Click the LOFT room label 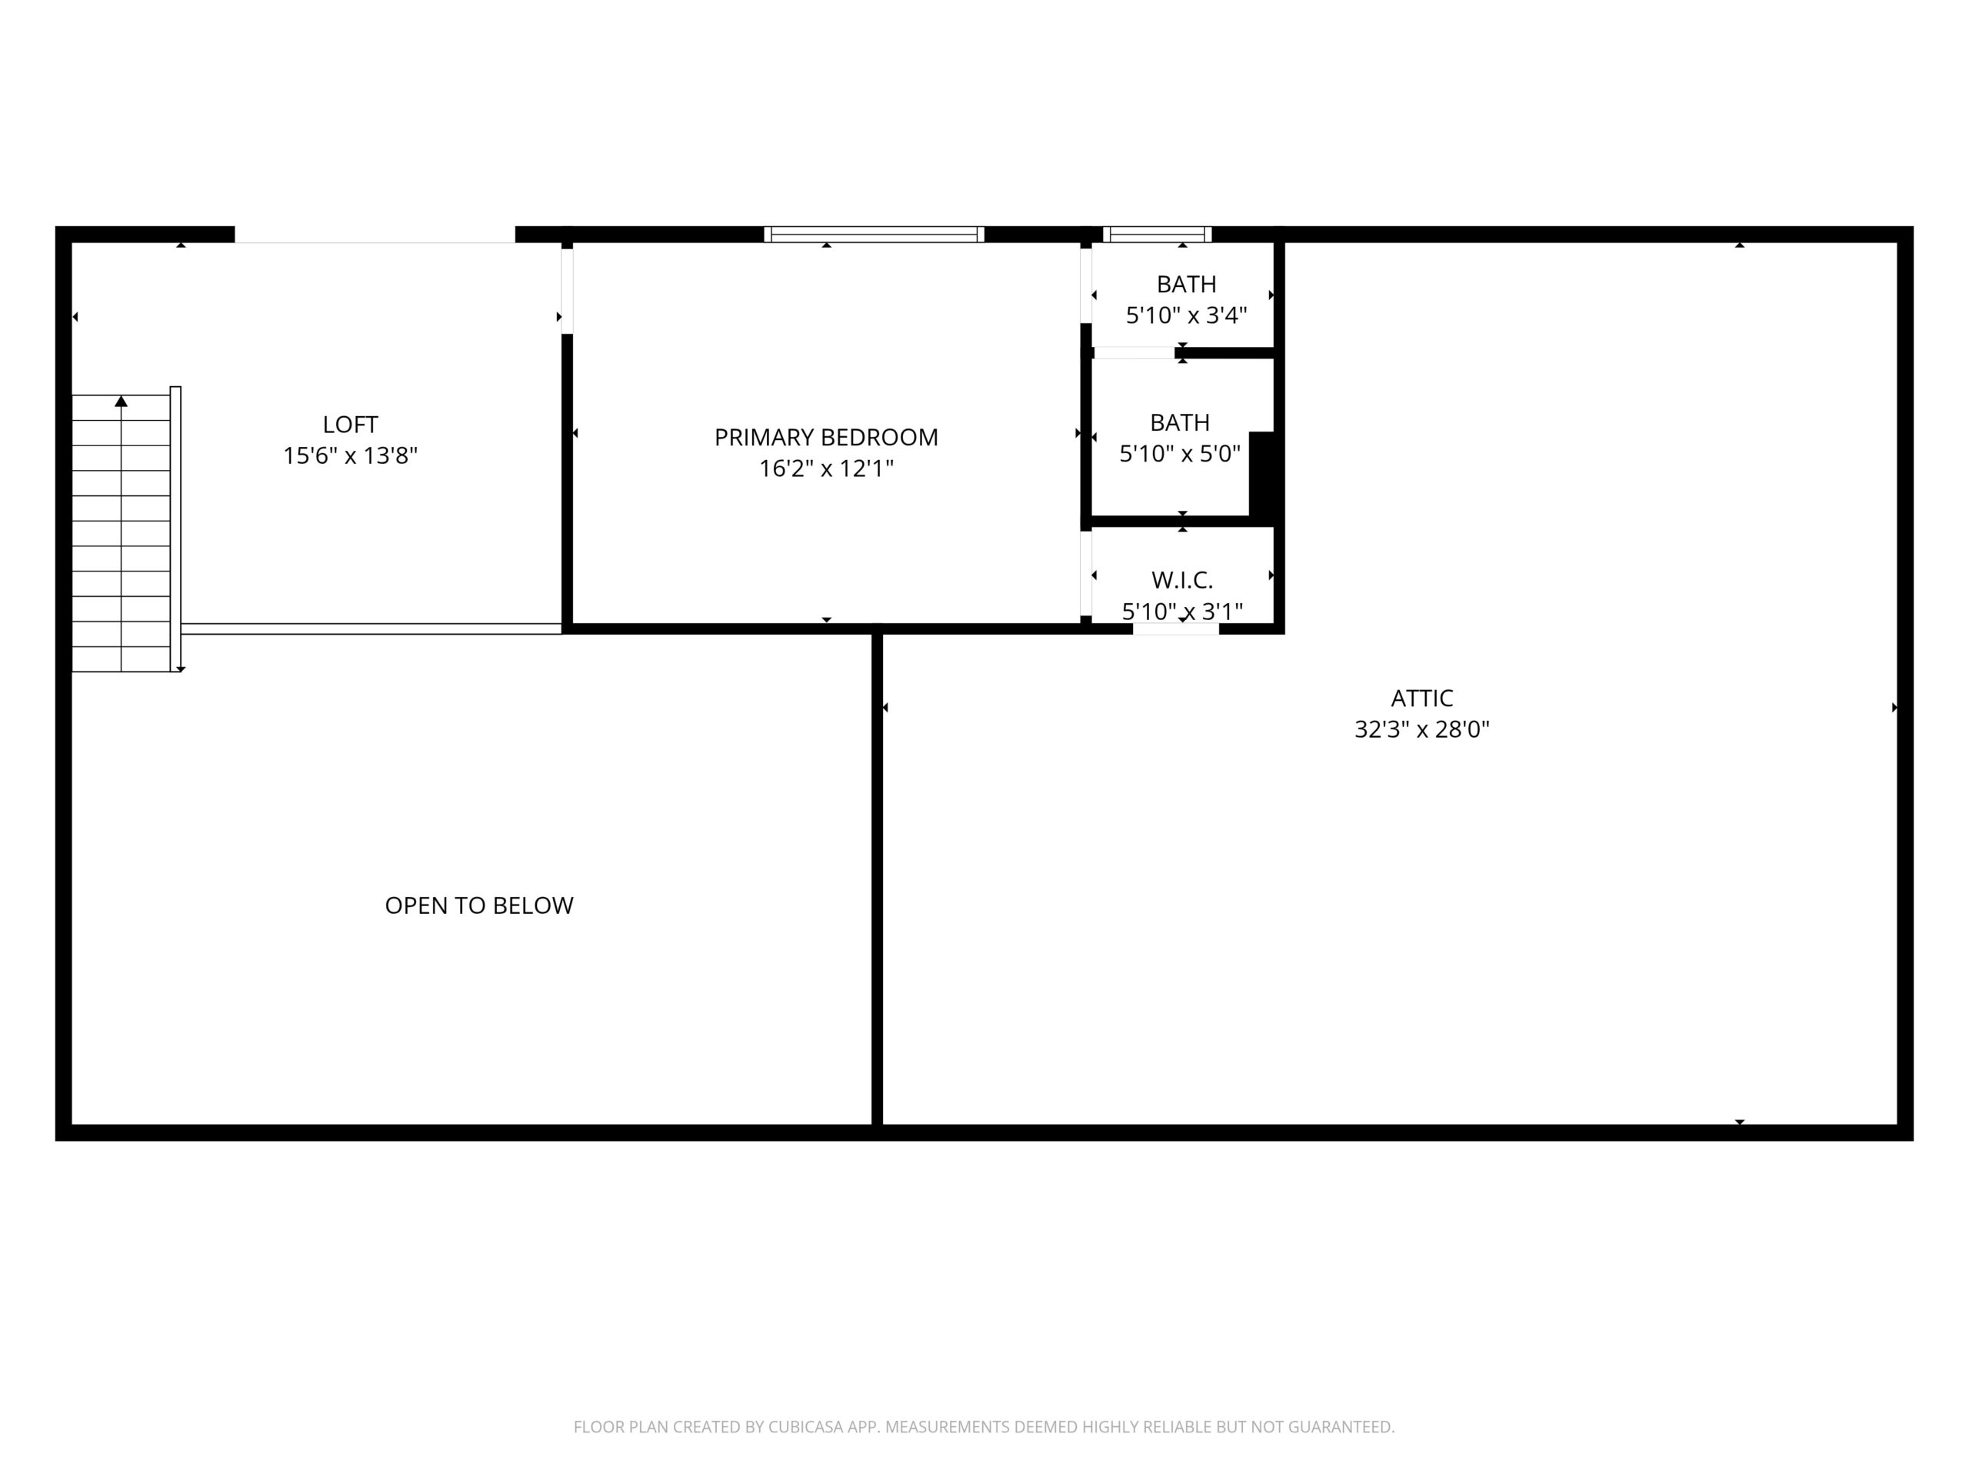click(x=350, y=425)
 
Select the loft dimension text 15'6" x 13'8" click(x=350, y=456)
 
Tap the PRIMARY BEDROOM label click(x=826, y=437)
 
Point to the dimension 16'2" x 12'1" click(x=826, y=468)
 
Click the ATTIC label click(x=1421, y=698)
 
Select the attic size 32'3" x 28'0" click(x=1421, y=729)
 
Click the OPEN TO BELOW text click(x=479, y=905)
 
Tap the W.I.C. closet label click(x=1182, y=581)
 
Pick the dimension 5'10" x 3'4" click(x=1187, y=315)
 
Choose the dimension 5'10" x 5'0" click(x=1179, y=454)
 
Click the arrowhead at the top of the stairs click(x=121, y=402)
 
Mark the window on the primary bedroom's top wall click(x=873, y=234)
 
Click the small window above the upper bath click(x=1158, y=234)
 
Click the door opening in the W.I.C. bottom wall click(x=1175, y=628)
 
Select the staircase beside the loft click(x=121, y=532)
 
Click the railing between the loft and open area click(x=371, y=628)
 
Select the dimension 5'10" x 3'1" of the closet click(x=1182, y=612)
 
